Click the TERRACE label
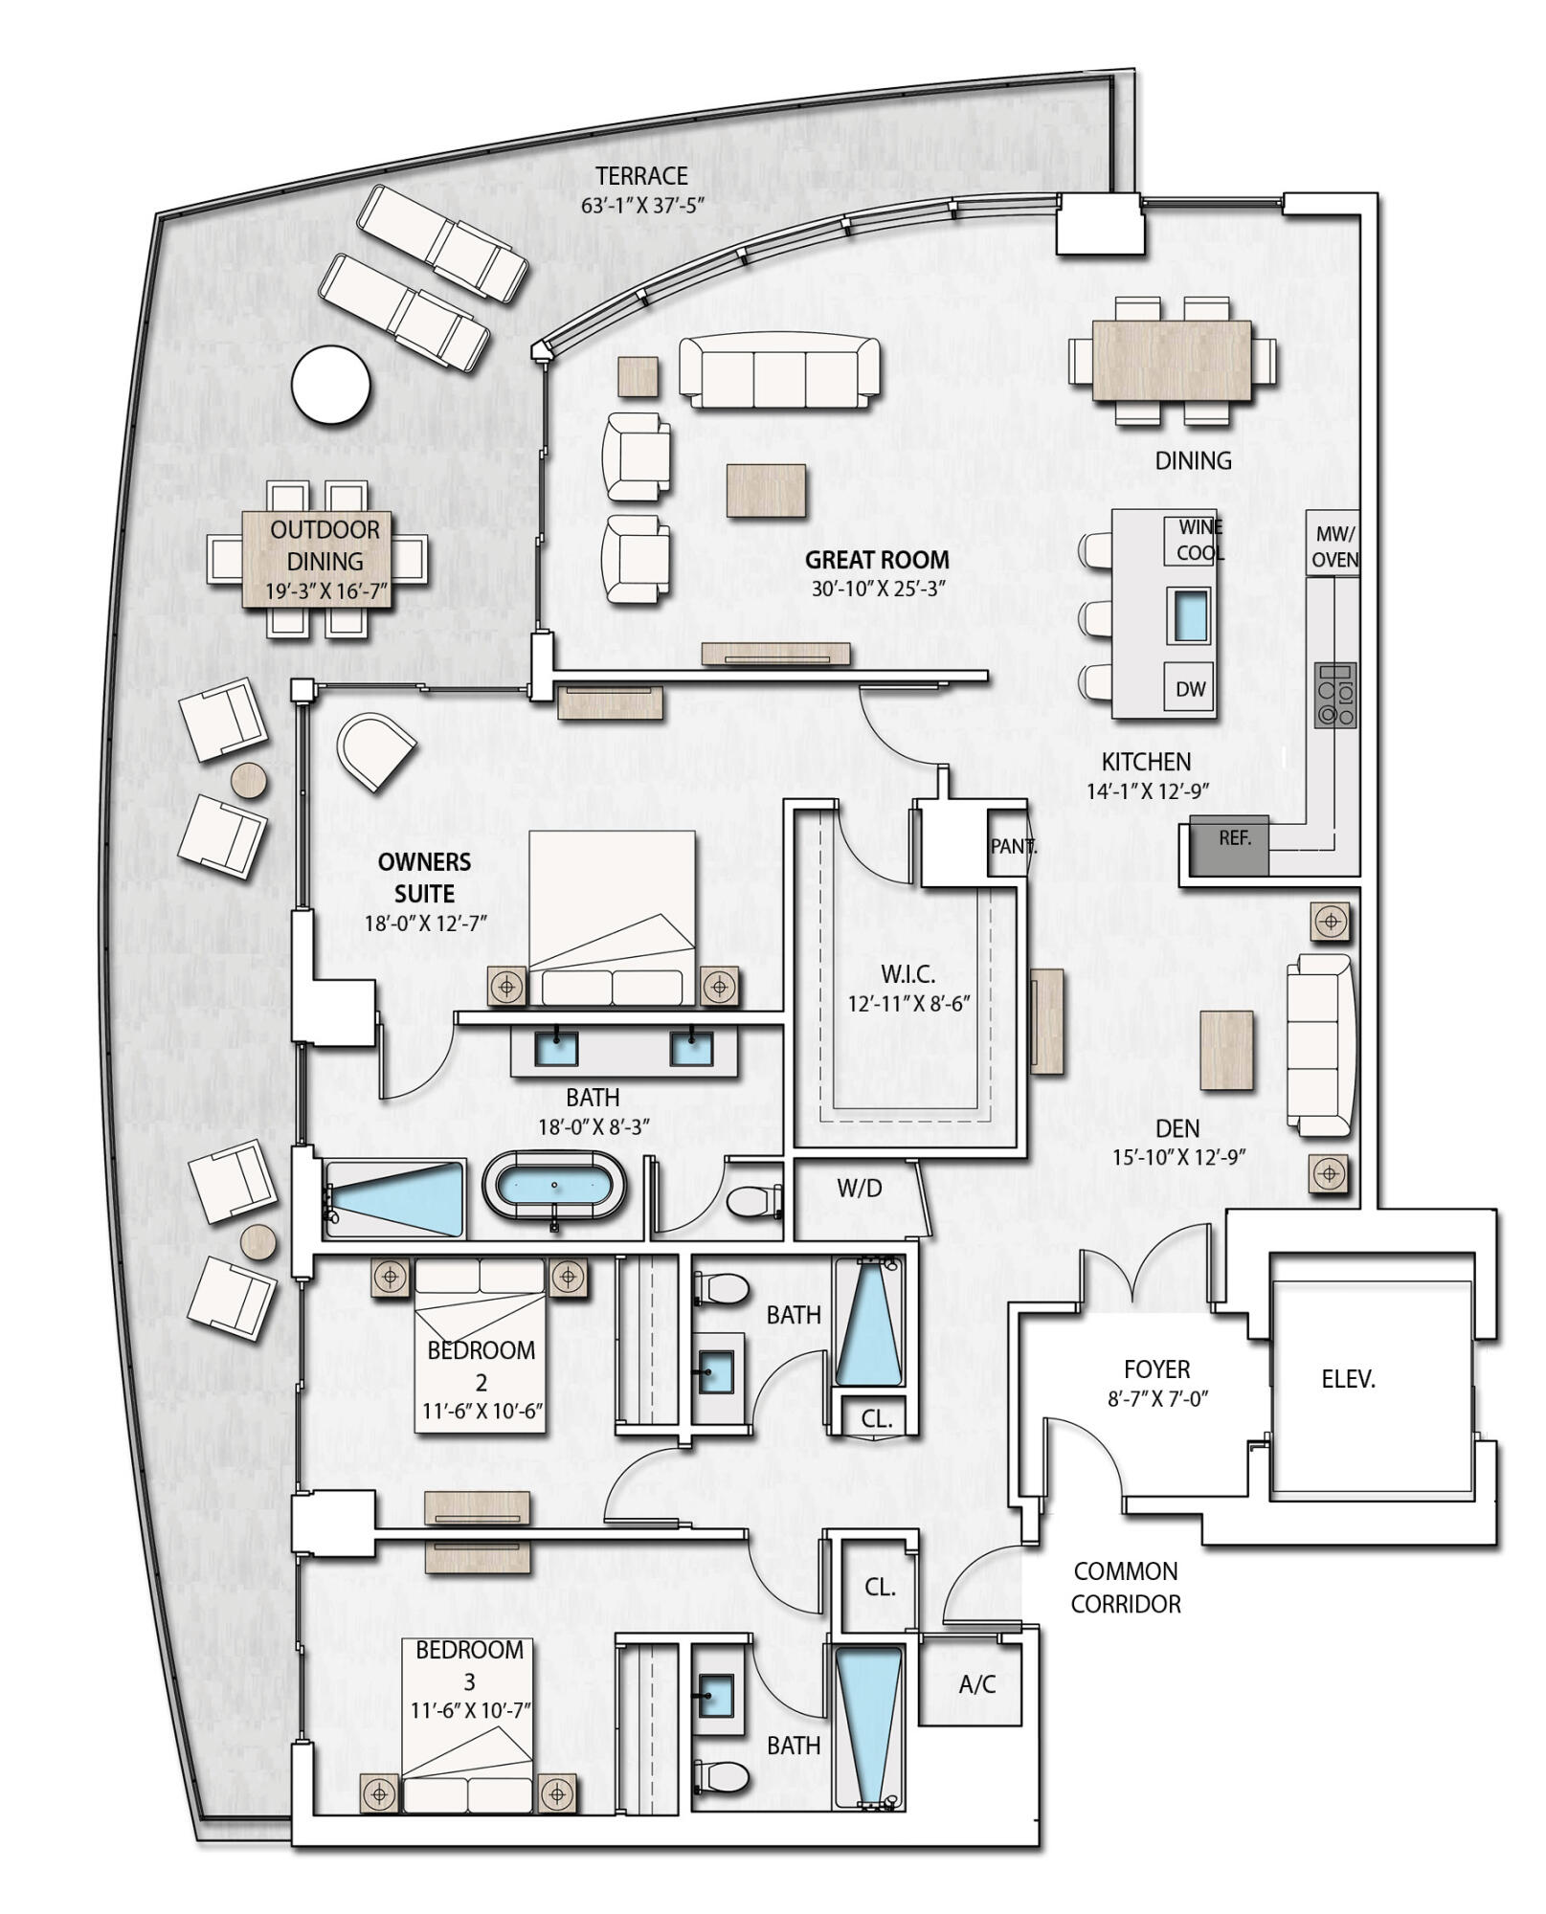point(641,176)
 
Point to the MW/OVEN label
point(1334,546)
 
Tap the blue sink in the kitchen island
point(1188,613)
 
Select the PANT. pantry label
point(1012,846)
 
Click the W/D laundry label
point(859,1188)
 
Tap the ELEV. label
point(1347,1379)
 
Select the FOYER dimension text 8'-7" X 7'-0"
point(1157,1398)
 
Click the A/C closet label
point(976,1685)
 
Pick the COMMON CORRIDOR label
point(1125,1587)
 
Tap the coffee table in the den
point(1226,1050)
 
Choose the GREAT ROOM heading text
point(877,560)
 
